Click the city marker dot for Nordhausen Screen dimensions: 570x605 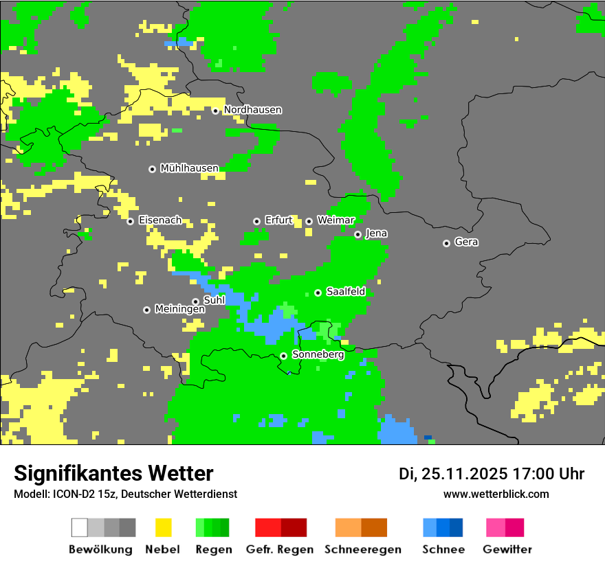coord(215,111)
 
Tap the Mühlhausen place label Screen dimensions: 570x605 coord(189,168)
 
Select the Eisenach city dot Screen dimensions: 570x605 coord(130,221)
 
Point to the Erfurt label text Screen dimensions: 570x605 coord(278,220)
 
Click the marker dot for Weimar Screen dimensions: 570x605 coord(309,221)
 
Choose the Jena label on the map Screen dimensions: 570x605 coord(376,233)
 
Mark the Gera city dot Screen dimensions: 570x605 coord(446,243)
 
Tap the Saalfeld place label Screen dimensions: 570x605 coord(345,292)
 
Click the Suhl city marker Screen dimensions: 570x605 coord(195,301)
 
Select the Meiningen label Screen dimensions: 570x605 coord(179,310)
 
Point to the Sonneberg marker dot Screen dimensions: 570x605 coord(283,356)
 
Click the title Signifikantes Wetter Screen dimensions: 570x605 coord(113,474)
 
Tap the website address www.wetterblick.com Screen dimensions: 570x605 coord(496,494)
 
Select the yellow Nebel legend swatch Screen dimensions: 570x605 coord(163,527)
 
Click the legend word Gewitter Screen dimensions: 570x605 coord(507,549)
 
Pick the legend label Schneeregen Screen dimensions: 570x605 coord(363,549)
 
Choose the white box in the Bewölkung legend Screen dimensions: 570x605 coord(80,527)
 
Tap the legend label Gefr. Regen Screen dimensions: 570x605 coord(280,549)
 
